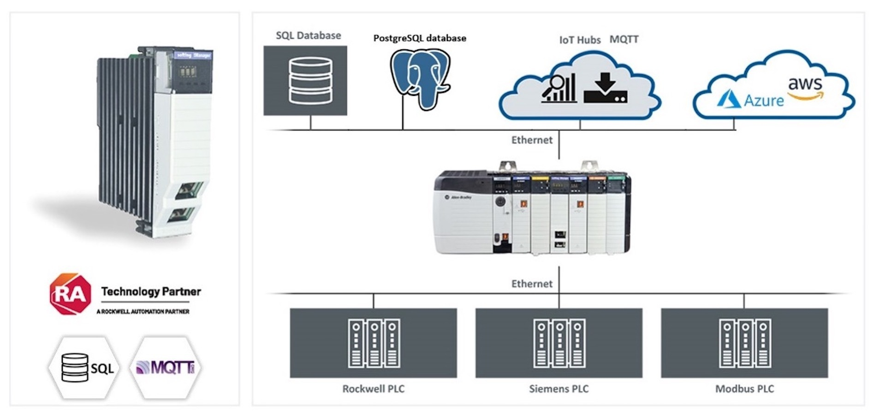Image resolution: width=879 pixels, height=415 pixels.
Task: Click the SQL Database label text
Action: click(308, 36)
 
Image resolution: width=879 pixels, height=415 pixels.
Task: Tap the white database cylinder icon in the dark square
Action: click(310, 80)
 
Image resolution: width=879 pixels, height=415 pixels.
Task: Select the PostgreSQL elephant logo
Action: click(420, 79)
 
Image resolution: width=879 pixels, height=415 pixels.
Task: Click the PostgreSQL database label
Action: click(419, 38)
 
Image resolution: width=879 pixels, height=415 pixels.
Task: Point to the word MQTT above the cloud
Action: click(624, 40)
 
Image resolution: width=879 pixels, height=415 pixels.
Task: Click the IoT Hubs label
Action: click(580, 40)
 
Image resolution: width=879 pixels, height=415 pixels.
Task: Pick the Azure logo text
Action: click(763, 101)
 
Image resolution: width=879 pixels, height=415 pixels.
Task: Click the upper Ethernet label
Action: click(531, 140)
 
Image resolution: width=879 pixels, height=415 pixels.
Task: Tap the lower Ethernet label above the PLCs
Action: click(531, 284)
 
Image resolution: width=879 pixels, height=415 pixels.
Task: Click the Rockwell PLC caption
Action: click(373, 389)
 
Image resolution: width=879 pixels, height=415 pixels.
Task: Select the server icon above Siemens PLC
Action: click(559, 343)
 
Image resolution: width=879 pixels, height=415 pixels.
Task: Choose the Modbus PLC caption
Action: click(744, 389)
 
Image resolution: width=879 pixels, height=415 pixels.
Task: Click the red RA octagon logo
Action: click(70, 294)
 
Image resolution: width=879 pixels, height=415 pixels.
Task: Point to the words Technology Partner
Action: click(151, 291)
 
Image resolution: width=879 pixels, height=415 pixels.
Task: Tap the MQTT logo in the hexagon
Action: click(166, 368)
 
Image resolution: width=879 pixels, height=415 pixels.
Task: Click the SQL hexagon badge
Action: click(84, 368)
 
